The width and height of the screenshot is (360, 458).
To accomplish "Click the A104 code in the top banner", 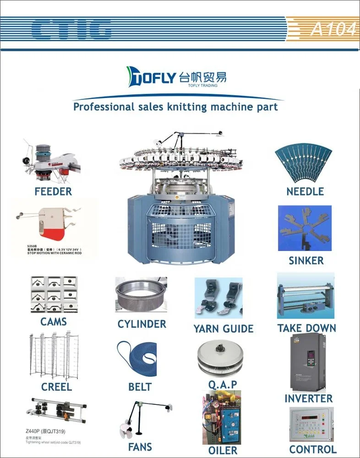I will (333, 29).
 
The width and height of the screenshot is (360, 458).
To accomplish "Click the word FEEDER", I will (53, 191).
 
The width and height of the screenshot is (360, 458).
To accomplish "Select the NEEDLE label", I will (305, 191).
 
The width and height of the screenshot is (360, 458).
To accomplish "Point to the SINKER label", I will (306, 261).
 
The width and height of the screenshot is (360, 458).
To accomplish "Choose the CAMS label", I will (54, 322).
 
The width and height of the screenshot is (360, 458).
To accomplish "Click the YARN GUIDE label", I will (223, 328).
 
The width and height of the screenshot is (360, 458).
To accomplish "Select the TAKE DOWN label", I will (306, 328).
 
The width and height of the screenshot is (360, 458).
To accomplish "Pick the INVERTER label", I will (308, 398).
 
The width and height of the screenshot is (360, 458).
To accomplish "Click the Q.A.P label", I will (223, 385).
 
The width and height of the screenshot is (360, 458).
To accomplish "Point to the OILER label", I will (223, 450).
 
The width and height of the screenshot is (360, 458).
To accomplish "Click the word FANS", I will (140, 447).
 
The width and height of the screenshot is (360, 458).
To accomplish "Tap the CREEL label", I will (56, 387).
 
